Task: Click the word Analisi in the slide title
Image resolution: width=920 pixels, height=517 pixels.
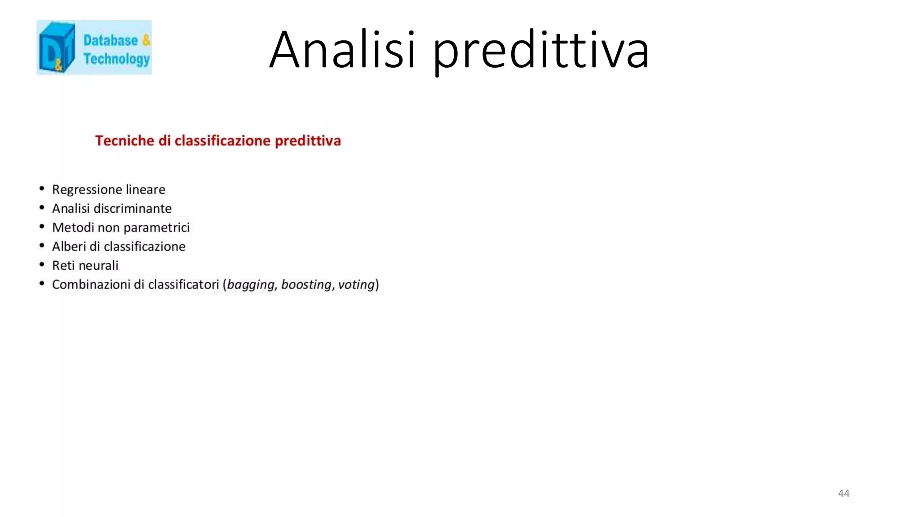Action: (x=342, y=49)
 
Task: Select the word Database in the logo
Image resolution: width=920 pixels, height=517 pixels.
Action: (x=111, y=40)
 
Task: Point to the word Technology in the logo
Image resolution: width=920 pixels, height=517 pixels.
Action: (x=116, y=59)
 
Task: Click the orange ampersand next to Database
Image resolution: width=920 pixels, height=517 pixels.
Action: (x=146, y=40)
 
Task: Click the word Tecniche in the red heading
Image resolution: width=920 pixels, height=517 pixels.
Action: (x=124, y=141)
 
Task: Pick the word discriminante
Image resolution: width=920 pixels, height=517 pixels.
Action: (x=132, y=209)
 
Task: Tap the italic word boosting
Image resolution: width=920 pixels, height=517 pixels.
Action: (x=306, y=285)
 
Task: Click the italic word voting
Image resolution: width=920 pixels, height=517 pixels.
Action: (x=356, y=285)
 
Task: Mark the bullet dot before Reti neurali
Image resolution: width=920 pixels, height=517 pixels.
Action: (x=42, y=265)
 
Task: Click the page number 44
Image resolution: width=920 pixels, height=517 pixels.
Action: (x=843, y=493)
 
